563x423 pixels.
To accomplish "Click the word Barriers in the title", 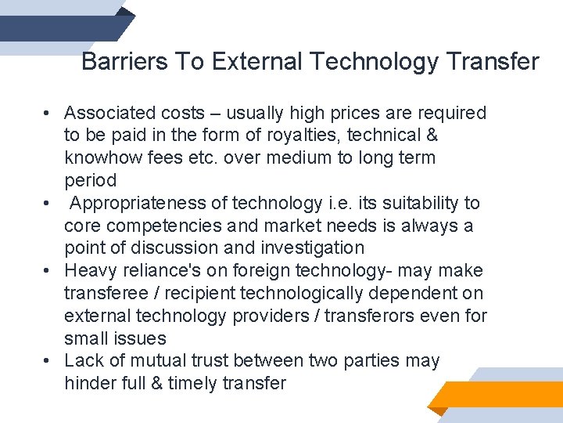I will pos(114,62).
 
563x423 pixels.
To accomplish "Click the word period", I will pos(90,181).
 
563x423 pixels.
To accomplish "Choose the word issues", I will pos(139,339).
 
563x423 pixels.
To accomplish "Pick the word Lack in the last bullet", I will pos(84,361).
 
